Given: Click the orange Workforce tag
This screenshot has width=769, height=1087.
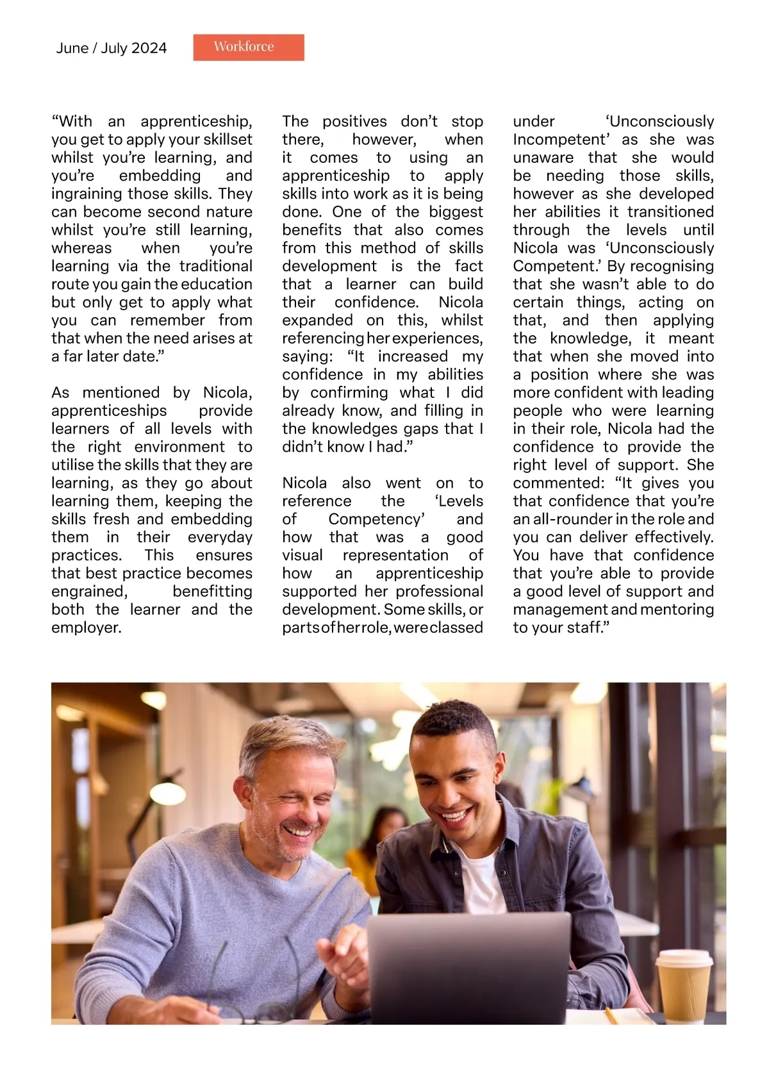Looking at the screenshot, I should (249, 47).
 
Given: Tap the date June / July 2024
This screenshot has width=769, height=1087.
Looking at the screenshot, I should (112, 48).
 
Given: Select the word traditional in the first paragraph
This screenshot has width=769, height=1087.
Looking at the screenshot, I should (216, 266).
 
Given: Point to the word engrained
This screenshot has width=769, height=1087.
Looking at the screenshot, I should (89, 592).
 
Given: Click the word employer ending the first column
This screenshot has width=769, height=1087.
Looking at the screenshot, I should (85, 627).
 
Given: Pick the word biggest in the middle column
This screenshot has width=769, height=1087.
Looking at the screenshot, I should (456, 212).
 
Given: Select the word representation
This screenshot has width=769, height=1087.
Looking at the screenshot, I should (395, 555).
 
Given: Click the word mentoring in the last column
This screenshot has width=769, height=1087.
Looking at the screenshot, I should (677, 610).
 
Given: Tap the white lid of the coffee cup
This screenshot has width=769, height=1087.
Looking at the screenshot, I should (684, 958).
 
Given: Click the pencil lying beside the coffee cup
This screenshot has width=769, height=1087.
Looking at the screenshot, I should (611, 1015).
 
